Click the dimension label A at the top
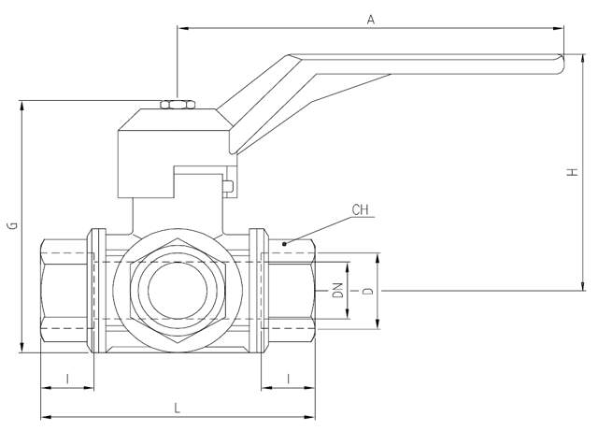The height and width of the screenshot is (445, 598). click(x=371, y=19)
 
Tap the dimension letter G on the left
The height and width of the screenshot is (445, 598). click(x=11, y=225)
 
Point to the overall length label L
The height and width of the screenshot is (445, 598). click(x=178, y=408)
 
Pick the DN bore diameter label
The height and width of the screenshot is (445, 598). click(x=337, y=291)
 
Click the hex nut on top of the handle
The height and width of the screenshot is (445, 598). click(x=174, y=103)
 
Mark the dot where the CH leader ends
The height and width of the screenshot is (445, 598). click(x=284, y=244)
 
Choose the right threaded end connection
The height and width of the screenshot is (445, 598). click(x=292, y=292)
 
